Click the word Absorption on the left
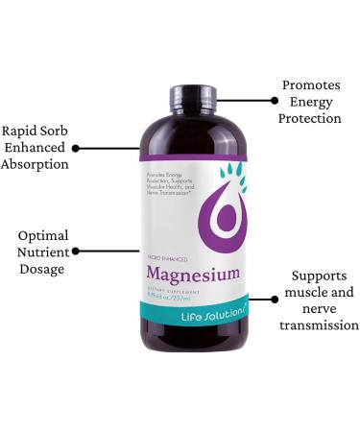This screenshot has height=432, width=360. coord(36,164)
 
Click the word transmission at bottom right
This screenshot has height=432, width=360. coord(319,325)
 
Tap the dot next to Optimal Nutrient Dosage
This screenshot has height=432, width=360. coord(77,251)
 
